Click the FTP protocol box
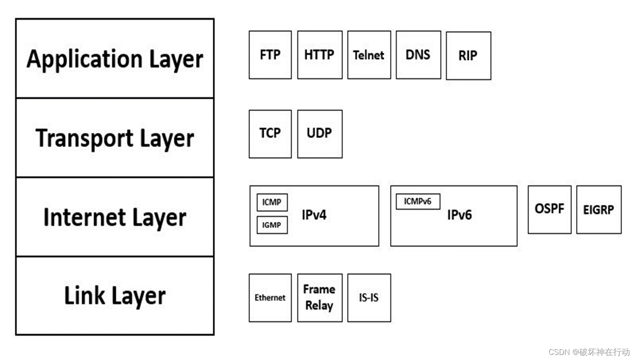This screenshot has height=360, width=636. click(x=270, y=55)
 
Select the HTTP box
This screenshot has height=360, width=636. click(x=320, y=55)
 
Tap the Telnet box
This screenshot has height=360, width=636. click(x=369, y=55)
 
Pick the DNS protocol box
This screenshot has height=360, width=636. click(x=418, y=55)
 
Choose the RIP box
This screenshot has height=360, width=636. click(x=468, y=56)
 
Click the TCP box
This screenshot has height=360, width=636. click(x=270, y=134)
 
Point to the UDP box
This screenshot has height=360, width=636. click(x=320, y=134)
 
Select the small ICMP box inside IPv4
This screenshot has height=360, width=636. click(x=272, y=202)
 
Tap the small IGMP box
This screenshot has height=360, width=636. click(x=272, y=225)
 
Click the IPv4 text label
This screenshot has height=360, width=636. click(x=314, y=215)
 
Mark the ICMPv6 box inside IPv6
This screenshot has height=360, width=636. click(x=418, y=201)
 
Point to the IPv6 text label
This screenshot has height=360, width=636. click(x=460, y=215)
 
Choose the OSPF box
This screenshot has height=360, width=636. click(x=550, y=209)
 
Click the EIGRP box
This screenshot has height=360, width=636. click(x=599, y=209)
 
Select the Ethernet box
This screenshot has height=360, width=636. click(x=270, y=298)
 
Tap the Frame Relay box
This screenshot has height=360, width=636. click(x=320, y=298)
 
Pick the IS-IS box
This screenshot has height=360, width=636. click(x=369, y=298)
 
